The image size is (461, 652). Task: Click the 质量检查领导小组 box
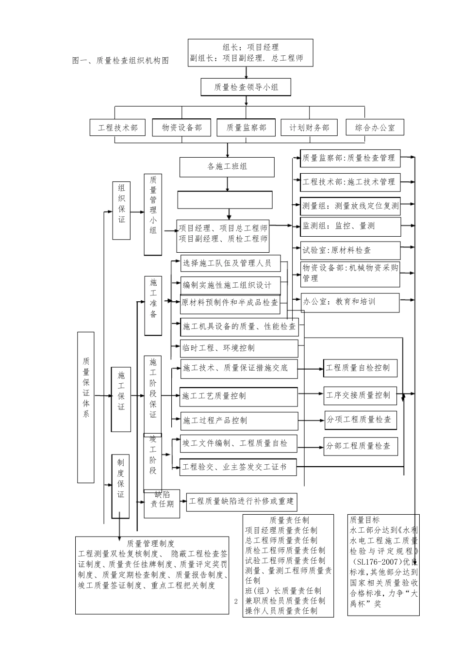coord(246,87)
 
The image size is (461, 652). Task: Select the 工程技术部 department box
coord(117,128)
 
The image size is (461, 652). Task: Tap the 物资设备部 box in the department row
coord(181,128)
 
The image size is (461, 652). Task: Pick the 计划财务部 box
coord(309,128)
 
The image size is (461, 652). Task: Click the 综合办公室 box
coord(375,128)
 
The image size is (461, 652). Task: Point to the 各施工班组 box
coord(227,167)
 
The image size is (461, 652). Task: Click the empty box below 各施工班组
coord(225,200)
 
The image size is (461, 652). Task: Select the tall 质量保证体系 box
coord(86,407)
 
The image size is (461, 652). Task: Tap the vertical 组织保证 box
coord(121,211)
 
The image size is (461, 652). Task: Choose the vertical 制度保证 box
coord(121,486)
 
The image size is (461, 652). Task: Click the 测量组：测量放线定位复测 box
coord(350,206)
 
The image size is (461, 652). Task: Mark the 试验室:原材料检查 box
coord(350,250)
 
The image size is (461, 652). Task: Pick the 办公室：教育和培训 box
coord(350,302)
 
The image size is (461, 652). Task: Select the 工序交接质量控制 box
coord(361,395)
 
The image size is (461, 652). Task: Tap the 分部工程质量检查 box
coord(361,446)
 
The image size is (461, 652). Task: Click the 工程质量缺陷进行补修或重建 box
coord(241,501)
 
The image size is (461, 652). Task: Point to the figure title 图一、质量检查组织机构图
coord(120,61)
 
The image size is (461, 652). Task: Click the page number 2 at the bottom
coord(236,602)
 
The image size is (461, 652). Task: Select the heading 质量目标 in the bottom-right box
coord(364,520)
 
